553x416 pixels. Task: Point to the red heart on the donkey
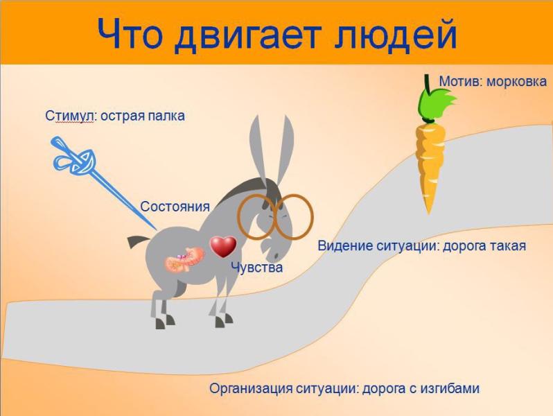223,246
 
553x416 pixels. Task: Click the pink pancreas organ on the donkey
184,260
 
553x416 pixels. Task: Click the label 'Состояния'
175,207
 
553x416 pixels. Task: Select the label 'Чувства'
256,268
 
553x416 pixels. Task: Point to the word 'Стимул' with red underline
69,116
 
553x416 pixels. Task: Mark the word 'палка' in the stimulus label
167,116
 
